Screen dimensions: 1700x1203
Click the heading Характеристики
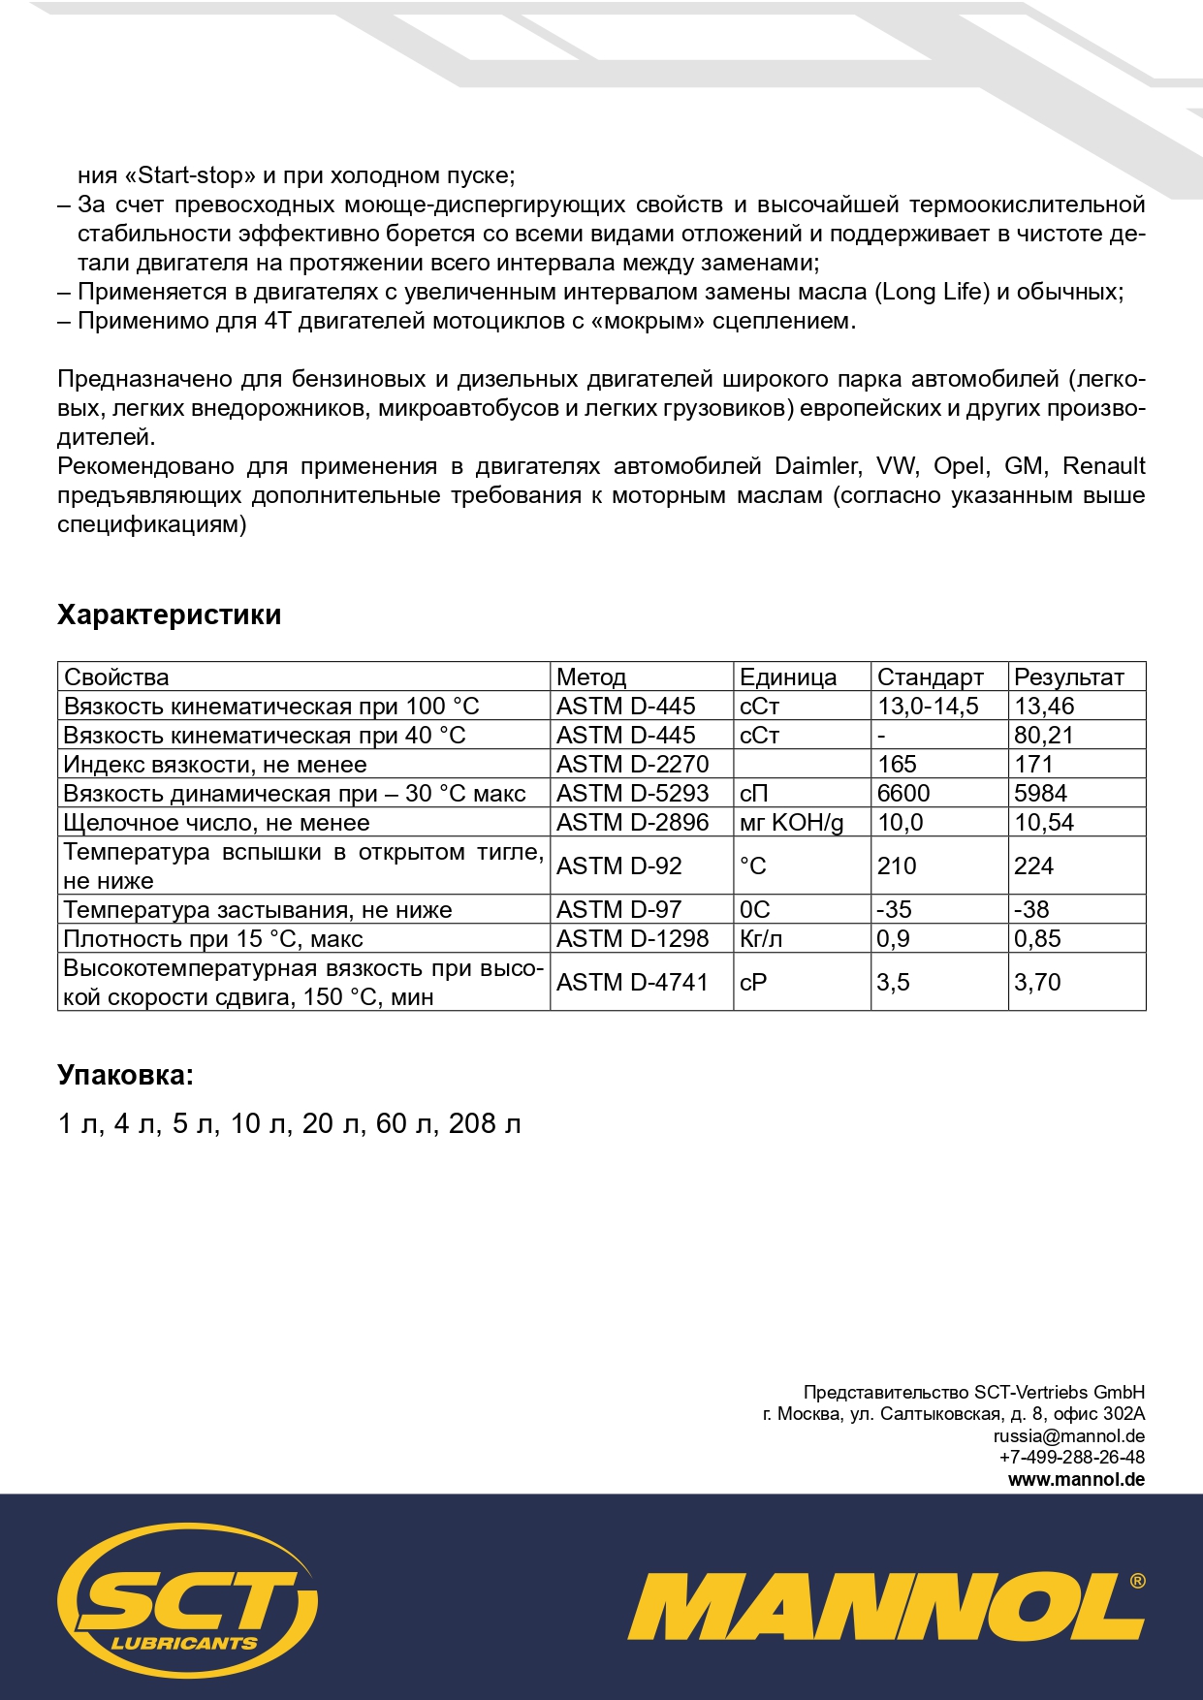pyautogui.click(x=169, y=615)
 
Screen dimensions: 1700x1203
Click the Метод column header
pyautogui.click(x=591, y=677)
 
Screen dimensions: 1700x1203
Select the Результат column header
pyautogui.click(x=1068, y=677)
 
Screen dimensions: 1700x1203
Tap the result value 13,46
pyautogui.click(x=1044, y=706)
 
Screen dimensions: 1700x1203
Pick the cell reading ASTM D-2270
pyautogui.click(x=632, y=764)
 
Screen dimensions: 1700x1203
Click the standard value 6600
pyautogui.click(x=903, y=793)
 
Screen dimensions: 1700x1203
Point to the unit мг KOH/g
pyautogui.click(x=791, y=822)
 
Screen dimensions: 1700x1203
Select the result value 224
pyautogui.click(x=1033, y=866)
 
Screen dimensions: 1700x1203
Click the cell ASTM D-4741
pyautogui.click(x=632, y=982)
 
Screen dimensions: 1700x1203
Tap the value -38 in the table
pyautogui.click(x=1031, y=909)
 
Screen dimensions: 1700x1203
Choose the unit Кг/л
pyautogui.click(x=761, y=938)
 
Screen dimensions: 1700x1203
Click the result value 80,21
pyautogui.click(x=1044, y=735)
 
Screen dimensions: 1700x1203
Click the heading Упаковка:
pyautogui.click(x=125, y=1075)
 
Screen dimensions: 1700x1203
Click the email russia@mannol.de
pyautogui.click(x=1068, y=1435)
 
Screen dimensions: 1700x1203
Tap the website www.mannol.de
pyautogui.click(x=1076, y=1479)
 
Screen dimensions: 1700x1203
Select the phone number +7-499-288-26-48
pyautogui.click(x=1071, y=1457)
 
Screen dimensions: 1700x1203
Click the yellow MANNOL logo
pyautogui.click(x=885, y=1606)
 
